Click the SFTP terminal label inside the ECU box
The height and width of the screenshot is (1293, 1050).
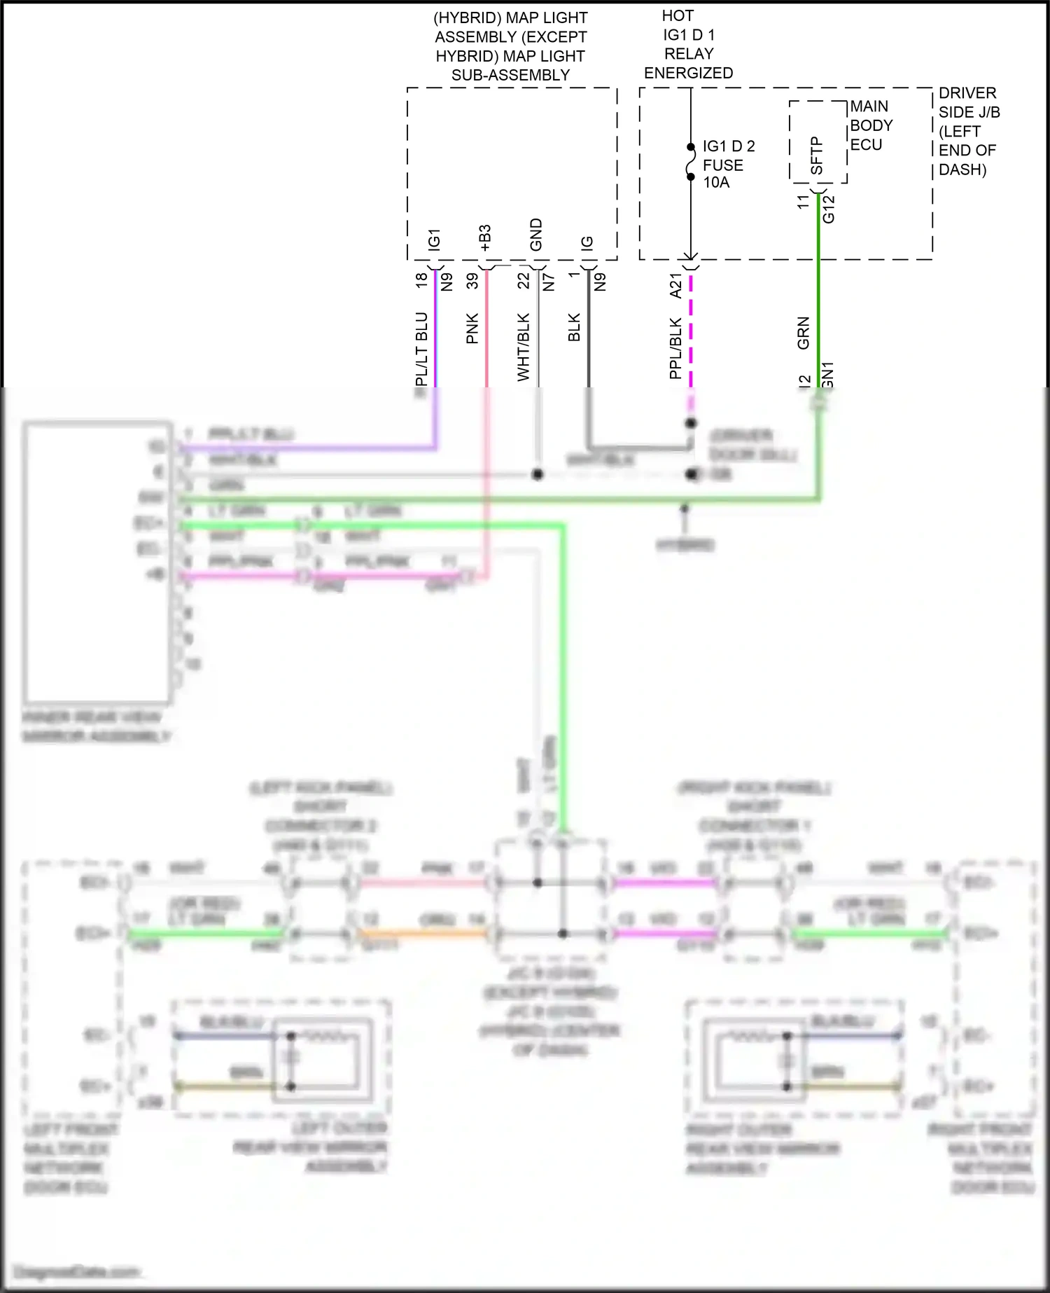[x=816, y=155]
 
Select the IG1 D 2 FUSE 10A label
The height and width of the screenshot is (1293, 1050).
[x=728, y=165]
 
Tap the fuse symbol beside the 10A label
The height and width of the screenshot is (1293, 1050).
[x=691, y=162]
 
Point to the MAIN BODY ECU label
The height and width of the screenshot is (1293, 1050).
[x=871, y=125]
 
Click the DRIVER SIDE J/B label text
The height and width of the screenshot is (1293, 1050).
[x=969, y=131]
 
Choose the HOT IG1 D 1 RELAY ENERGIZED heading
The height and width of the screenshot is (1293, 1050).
[x=688, y=44]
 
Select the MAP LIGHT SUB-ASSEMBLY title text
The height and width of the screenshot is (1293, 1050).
[x=510, y=46]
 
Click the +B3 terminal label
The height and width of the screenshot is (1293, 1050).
[x=485, y=238]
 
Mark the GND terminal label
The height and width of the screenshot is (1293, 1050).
[x=536, y=235]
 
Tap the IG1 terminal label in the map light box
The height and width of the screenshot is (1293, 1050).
[x=434, y=240]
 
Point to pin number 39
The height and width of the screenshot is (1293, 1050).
[x=472, y=280]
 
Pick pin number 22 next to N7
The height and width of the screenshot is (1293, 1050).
[x=524, y=280]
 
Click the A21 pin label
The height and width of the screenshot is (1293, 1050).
[x=675, y=286]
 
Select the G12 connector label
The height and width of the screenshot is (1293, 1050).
[x=829, y=209]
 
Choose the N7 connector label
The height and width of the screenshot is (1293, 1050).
[x=549, y=282]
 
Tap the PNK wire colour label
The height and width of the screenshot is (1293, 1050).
[x=472, y=329]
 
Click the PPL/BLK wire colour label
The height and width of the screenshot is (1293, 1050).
[x=675, y=348]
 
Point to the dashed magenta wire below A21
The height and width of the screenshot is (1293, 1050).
[x=691, y=336]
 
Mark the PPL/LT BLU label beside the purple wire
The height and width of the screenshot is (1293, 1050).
[x=421, y=349]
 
